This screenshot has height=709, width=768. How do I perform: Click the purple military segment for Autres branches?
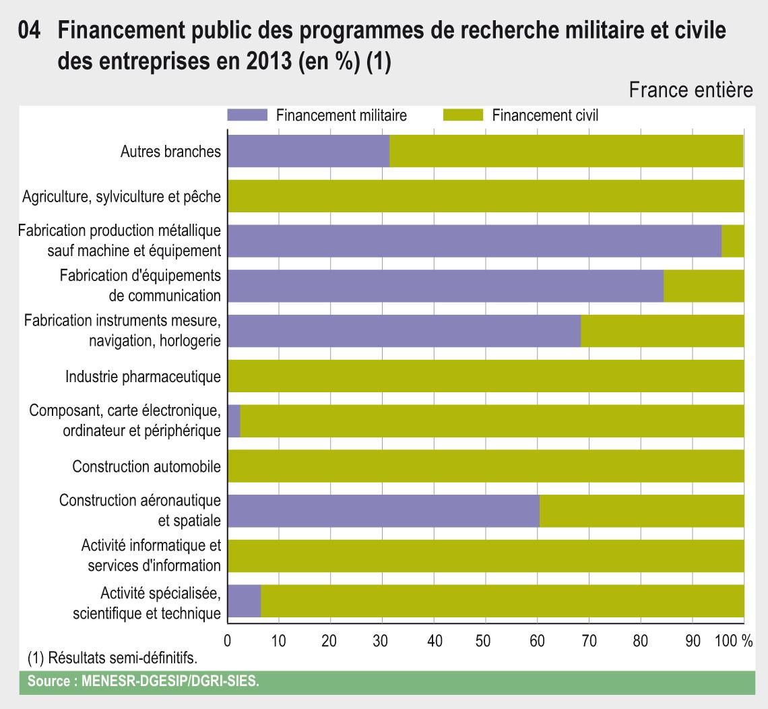309,151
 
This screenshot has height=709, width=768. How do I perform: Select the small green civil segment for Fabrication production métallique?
733,241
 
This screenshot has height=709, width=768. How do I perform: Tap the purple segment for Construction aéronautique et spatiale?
383,511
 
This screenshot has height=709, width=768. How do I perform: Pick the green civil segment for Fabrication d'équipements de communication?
704,286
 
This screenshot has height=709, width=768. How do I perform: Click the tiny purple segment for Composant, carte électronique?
234,421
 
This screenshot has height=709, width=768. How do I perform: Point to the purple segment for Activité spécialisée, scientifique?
244,601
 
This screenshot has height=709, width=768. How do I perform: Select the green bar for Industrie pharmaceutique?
486,376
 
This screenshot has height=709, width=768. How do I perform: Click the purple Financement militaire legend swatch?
247,115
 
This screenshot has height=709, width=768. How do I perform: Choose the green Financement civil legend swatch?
463,115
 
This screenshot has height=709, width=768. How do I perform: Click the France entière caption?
691,91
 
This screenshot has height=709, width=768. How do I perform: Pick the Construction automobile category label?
146,466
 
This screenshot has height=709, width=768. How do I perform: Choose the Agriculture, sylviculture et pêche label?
121,197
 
